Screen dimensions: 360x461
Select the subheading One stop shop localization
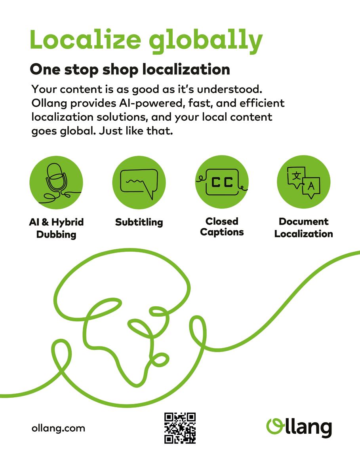(x=130, y=70)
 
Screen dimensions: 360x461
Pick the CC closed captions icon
(x=222, y=182)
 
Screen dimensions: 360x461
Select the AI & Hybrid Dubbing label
(x=56, y=228)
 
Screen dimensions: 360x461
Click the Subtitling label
(x=139, y=222)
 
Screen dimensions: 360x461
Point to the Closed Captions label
(x=222, y=226)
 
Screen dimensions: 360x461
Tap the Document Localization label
(x=303, y=228)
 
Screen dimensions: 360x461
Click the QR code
(x=180, y=428)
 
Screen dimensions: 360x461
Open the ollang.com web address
(x=58, y=428)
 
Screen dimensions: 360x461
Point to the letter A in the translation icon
(x=311, y=185)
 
